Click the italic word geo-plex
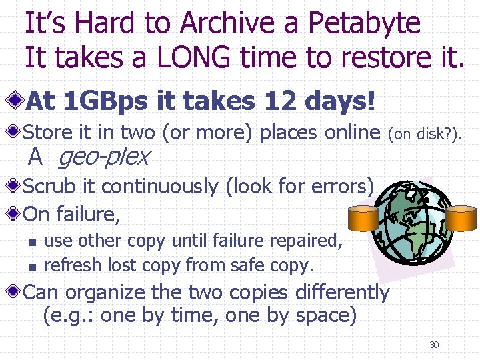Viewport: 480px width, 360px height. (104, 157)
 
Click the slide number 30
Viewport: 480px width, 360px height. (434, 345)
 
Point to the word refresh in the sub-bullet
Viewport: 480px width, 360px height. (69, 265)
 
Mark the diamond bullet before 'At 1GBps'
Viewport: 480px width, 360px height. (16, 102)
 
